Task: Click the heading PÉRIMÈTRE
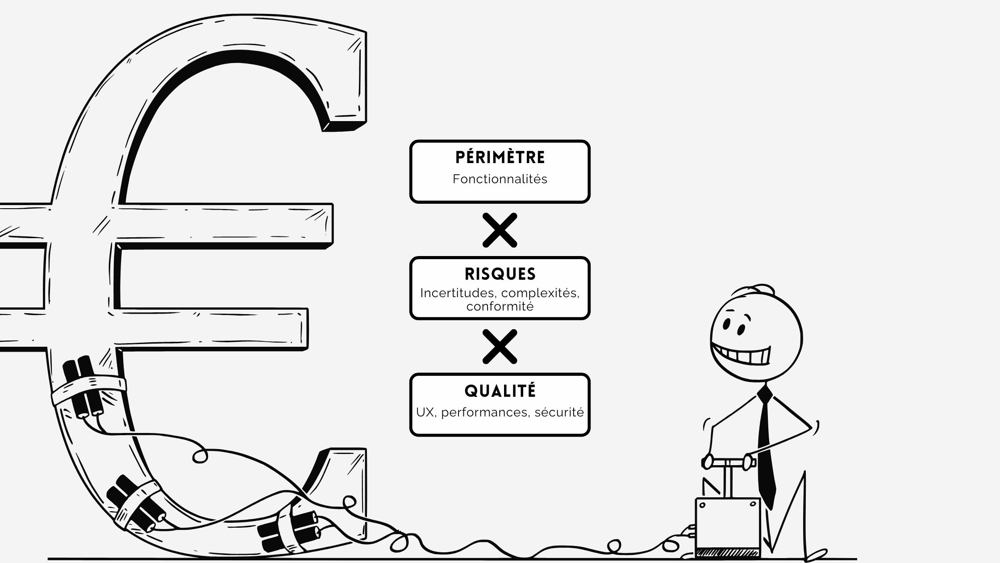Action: pos(500,158)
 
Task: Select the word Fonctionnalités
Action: pos(500,179)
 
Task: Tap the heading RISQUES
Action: pos(500,274)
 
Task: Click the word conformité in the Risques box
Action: pos(500,307)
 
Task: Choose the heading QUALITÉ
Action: pos(500,391)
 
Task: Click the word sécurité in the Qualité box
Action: pos(559,412)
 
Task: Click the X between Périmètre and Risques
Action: pos(500,230)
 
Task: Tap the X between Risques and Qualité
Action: pos(500,346)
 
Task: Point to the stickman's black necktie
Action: pos(766,447)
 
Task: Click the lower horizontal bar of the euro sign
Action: pos(201,328)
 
